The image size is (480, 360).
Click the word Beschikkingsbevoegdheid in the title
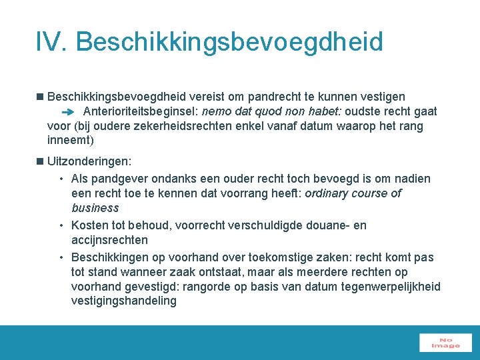(230, 43)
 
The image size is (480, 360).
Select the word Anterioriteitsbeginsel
(140, 112)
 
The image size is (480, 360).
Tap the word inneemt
(70, 141)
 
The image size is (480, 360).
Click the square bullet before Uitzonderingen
(41, 161)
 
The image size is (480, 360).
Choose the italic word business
(95, 208)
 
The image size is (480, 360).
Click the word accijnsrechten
(109, 240)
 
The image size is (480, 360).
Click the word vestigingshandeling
(124, 301)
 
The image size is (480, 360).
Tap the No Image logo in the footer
(445, 343)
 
